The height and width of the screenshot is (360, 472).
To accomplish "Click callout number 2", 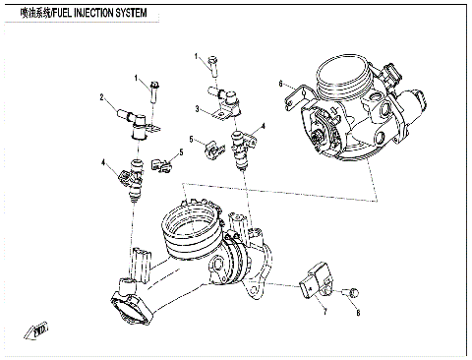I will (x=101, y=96).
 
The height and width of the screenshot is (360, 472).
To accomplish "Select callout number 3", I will (x=197, y=108).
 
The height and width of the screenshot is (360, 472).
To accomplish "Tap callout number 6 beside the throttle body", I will (x=280, y=83).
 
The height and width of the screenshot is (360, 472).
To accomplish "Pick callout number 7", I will (x=325, y=312).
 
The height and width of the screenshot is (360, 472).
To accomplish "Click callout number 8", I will (x=359, y=312).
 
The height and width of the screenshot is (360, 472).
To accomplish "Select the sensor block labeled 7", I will (x=315, y=277).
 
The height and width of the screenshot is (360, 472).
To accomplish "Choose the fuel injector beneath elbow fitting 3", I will (x=240, y=149).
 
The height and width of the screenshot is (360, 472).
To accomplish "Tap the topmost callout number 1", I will (x=197, y=56).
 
